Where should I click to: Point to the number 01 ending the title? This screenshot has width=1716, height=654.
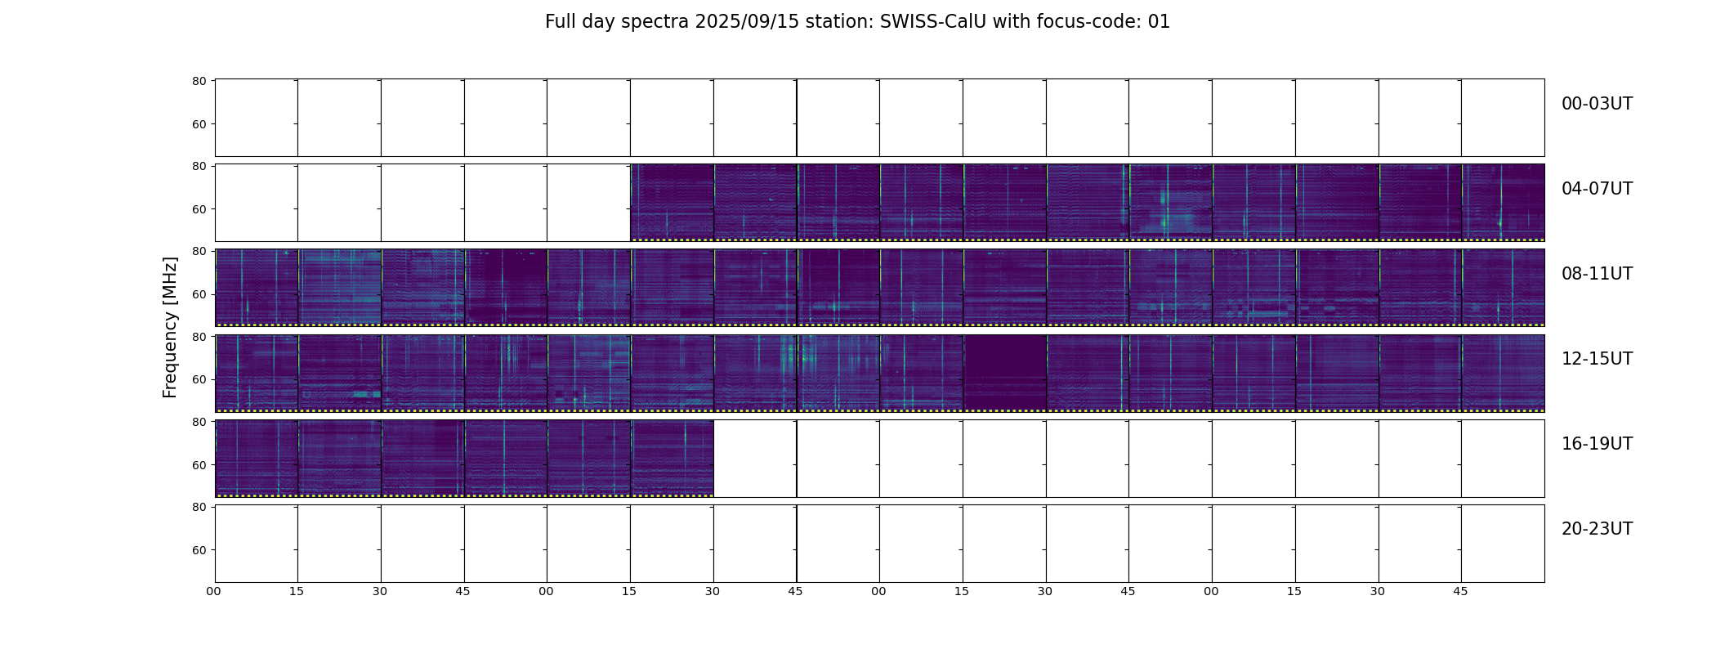1160,22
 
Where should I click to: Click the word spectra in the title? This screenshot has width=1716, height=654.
655,23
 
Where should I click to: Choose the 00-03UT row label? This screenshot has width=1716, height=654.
1597,104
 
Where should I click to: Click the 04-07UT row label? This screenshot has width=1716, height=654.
1597,189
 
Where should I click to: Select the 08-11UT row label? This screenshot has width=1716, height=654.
1597,274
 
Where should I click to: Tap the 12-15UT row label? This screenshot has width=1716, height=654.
1597,359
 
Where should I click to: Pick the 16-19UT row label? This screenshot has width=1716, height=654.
1597,444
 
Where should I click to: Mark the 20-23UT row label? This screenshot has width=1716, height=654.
1597,529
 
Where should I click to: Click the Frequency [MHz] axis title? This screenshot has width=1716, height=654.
170,327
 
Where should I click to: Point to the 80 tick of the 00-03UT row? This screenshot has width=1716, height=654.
199,81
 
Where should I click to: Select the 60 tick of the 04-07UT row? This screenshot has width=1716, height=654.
199,209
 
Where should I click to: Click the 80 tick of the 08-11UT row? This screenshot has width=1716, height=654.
199,251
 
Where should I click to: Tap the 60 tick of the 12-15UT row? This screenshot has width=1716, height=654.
199,379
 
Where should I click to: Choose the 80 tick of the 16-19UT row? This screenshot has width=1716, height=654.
199,422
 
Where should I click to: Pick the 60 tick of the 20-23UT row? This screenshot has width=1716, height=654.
199,550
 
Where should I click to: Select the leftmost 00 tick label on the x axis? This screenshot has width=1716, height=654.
213,591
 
